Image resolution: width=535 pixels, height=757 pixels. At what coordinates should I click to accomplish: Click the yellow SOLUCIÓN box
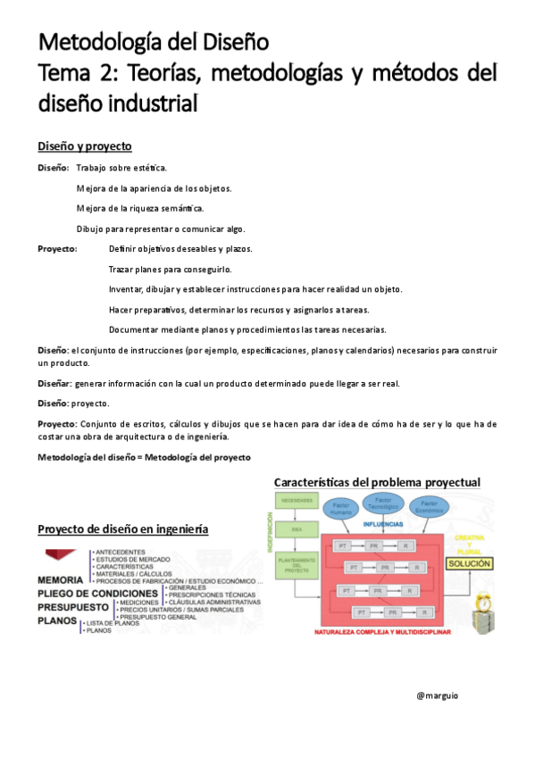469,565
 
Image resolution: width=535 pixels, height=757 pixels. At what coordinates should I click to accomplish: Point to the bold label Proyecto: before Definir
57,248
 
